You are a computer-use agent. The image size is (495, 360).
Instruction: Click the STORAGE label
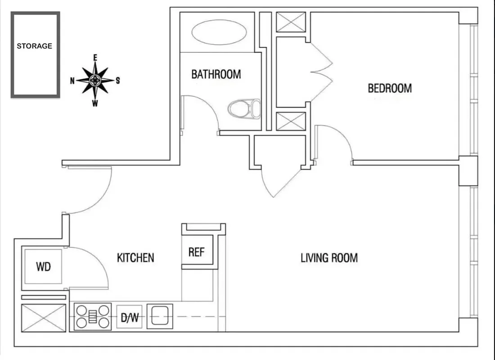35,46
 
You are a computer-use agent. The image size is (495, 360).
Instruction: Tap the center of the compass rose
95,81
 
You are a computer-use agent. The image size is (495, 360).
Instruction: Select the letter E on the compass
95,58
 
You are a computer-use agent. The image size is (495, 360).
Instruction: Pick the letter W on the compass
95,103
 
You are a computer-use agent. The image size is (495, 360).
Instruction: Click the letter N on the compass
72,81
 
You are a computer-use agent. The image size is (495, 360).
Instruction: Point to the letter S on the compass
118,81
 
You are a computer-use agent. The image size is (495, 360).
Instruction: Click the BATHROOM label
216,74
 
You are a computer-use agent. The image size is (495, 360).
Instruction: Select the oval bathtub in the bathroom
219,32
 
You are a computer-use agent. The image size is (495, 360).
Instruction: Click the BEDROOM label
390,88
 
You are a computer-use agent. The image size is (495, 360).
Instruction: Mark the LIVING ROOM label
329,258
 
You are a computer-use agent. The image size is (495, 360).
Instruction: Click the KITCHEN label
135,258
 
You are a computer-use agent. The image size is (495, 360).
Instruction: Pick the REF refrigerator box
196,252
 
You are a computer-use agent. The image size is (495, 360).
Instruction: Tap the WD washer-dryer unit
43,266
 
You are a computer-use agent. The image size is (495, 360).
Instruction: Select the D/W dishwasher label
130,318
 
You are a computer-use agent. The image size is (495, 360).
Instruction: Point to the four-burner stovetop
92,316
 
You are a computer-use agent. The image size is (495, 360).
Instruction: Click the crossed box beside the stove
44,318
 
